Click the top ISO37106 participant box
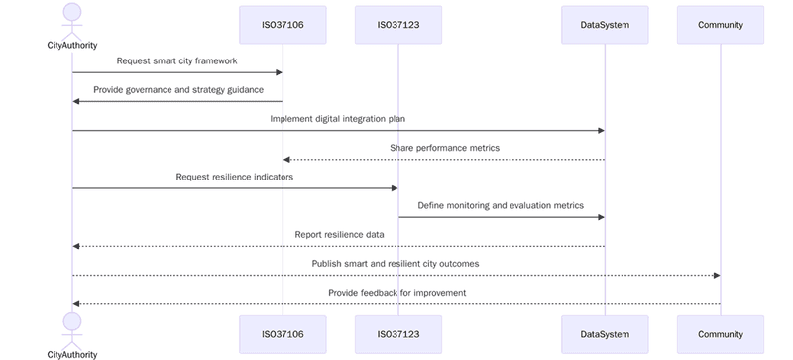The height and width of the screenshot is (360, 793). tap(283, 25)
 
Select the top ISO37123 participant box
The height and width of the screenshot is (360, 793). tap(397, 25)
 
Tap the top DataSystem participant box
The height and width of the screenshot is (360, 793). tap(605, 25)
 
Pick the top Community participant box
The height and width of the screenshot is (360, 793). tap(720, 25)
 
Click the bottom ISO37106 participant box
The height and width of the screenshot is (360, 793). tap(283, 334)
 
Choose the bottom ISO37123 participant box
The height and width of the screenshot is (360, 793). tap(397, 334)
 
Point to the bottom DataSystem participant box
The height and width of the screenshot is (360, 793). tap(605, 334)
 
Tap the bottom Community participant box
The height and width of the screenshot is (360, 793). tap(720, 334)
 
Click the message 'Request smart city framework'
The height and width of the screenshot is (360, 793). tap(176, 60)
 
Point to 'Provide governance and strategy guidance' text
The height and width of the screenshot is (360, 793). tap(178, 89)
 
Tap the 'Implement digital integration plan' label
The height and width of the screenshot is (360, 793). tap(338, 118)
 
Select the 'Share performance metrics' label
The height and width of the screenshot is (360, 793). tap(444, 147)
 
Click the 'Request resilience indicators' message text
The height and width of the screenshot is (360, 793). tap(235, 177)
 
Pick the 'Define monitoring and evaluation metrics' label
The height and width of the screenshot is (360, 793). tap(501, 205)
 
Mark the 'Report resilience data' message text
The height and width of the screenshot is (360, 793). tap(339, 234)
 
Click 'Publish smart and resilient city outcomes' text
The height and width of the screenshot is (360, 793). tap(396, 263)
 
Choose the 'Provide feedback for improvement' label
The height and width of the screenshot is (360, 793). tap(396, 292)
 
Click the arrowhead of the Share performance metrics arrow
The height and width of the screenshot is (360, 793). tap(286, 160)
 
